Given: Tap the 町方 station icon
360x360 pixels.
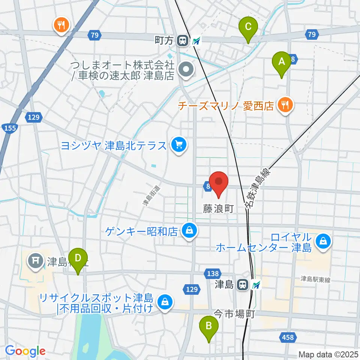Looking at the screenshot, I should (x=183, y=40).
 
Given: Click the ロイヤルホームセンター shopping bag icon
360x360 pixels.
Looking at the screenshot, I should (x=323, y=240).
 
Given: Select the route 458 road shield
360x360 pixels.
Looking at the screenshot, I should (x=287, y=337).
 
